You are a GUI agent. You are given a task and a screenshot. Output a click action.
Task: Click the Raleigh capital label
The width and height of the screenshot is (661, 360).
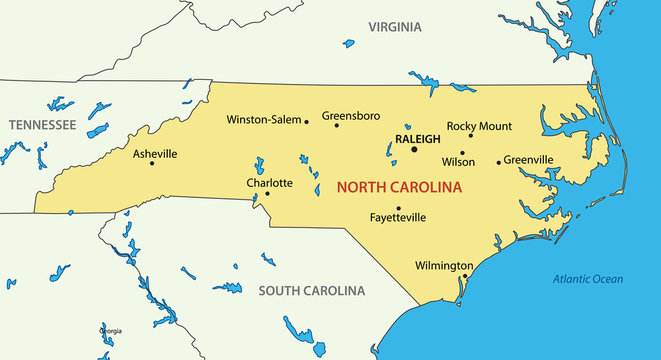[x=417, y=139]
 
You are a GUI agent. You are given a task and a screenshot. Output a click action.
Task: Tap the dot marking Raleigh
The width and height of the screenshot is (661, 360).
[x=414, y=150]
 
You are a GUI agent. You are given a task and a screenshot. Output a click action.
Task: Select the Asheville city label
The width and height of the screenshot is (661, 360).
[x=155, y=154]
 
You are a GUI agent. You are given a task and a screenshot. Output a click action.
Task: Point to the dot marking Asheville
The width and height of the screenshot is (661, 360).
[x=152, y=164]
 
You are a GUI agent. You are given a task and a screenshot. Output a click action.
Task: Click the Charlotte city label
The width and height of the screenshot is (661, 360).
[x=270, y=183]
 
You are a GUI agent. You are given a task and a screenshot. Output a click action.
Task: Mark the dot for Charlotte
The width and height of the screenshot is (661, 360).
[x=267, y=193]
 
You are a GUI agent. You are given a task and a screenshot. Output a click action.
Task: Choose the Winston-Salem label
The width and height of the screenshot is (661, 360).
[x=264, y=119]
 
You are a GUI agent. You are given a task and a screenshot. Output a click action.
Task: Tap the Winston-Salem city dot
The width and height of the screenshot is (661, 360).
[x=306, y=122]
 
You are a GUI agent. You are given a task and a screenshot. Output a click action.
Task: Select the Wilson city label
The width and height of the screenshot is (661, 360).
[x=458, y=161]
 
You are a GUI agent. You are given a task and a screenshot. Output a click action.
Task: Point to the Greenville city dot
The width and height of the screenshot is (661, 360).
[x=498, y=162]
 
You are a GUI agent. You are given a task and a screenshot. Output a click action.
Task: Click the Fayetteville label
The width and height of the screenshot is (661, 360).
[x=398, y=217]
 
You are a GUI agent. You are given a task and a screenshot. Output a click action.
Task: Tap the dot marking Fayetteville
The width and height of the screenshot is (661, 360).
[x=398, y=207]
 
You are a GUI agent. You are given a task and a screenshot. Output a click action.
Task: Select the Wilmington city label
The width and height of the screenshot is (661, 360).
[x=443, y=266]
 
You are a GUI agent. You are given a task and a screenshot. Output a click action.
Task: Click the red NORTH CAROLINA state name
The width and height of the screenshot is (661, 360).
[x=399, y=187]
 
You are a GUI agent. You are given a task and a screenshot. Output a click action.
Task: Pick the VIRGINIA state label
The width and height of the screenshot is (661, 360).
[x=395, y=27]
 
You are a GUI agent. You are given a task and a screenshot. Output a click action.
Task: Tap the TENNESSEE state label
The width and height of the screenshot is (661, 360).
[x=42, y=125]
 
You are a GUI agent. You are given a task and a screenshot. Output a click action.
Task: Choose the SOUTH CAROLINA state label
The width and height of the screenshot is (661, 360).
[x=311, y=291]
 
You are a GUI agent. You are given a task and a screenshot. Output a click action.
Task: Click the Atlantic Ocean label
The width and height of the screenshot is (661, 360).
[x=588, y=279]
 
